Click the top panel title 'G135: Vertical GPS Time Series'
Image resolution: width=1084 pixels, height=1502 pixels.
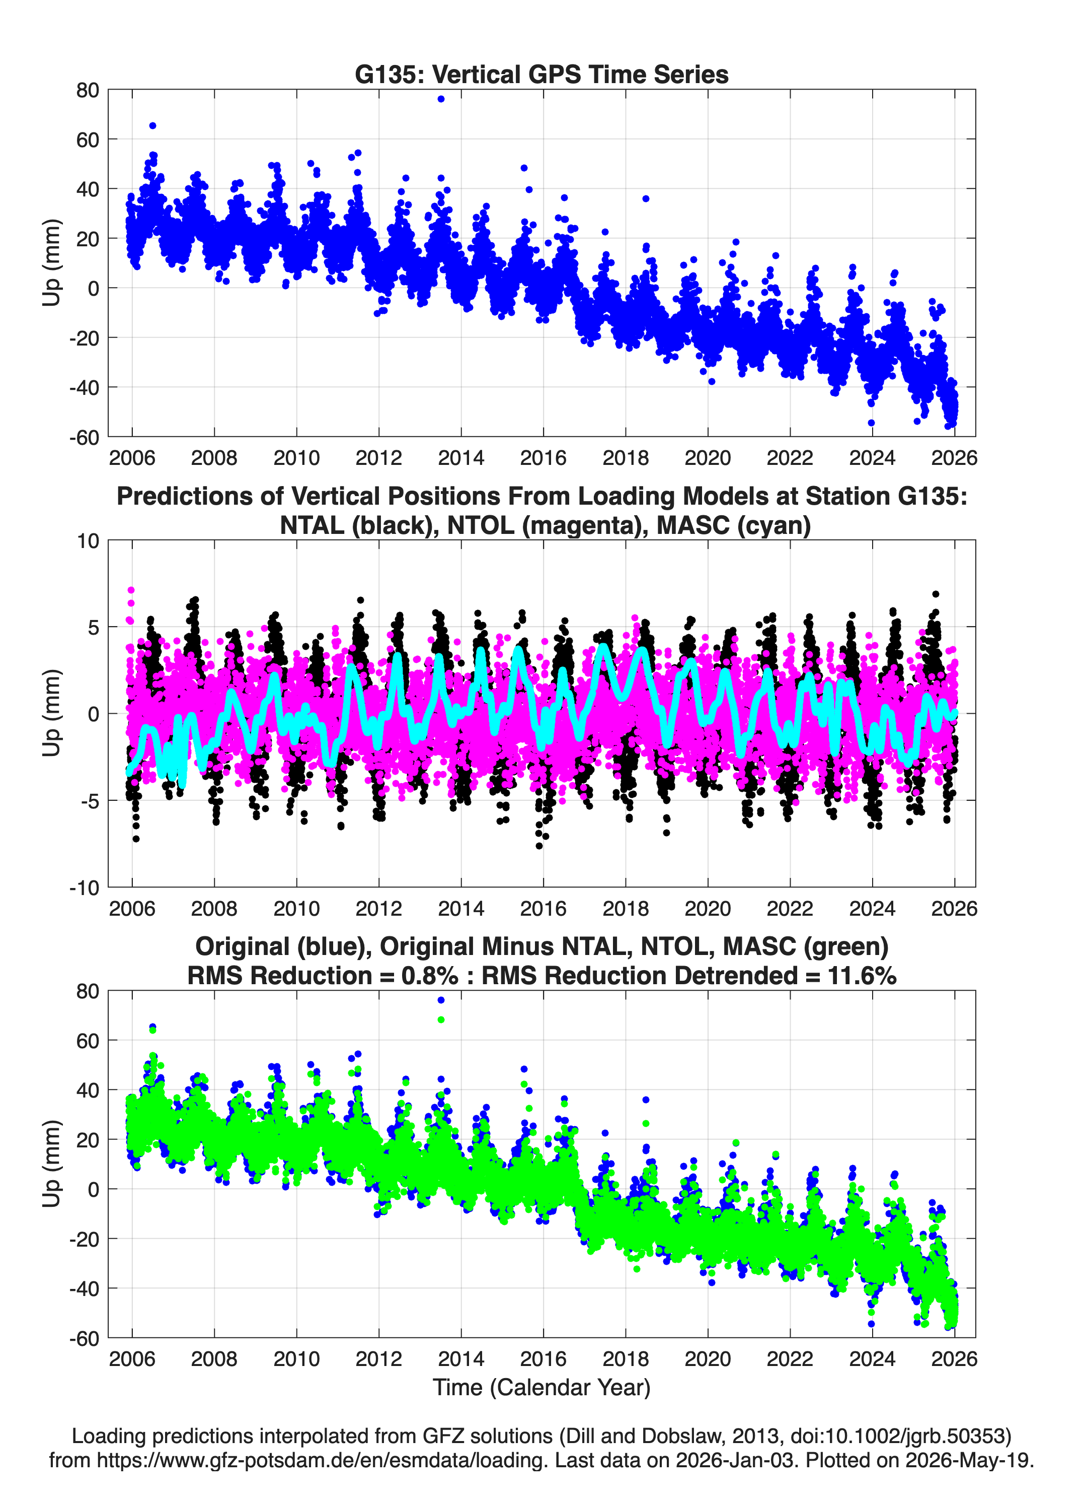(x=541, y=74)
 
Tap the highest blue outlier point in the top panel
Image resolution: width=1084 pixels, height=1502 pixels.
(x=441, y=99)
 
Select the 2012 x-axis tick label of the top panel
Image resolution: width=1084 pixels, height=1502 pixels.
(x=378, y=458)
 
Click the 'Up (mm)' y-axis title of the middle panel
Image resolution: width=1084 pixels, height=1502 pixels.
(x=52, y=713)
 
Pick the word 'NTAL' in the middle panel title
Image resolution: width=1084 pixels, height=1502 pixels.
(x=312, y=525)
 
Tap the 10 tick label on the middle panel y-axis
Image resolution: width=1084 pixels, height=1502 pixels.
(x=88, y=541)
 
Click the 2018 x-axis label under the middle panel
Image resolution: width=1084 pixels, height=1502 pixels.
(x=626, y=908)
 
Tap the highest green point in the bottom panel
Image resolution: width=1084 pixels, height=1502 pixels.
(x=441, y=1019)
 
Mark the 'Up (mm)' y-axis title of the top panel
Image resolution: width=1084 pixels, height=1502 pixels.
(x=52, y=263)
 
